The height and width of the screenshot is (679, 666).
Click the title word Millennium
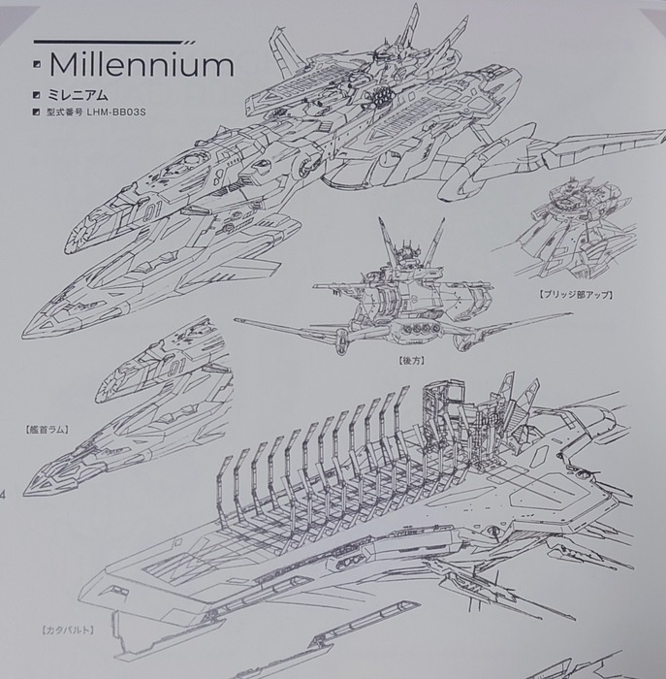point(142,65)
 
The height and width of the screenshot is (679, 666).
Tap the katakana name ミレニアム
point(78,95)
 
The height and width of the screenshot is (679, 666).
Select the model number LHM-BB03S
point(116,113)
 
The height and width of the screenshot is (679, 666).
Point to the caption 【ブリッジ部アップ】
point(576,295)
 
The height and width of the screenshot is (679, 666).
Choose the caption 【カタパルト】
point(68,630)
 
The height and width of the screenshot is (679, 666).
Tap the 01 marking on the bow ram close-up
point(175,367)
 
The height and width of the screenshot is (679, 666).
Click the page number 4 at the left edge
point(2,495)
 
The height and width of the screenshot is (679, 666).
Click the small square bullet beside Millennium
point(37,65)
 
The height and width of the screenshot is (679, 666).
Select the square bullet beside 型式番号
point(36,113)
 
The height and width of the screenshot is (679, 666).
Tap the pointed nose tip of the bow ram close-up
point(26,492)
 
